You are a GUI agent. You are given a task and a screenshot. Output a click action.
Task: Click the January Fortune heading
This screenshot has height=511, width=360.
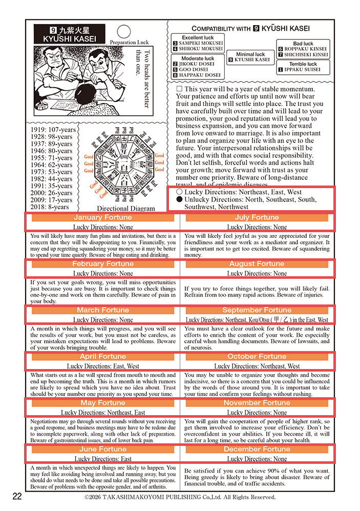[x=103, y=217]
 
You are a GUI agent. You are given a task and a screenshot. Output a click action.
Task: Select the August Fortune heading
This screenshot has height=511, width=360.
[x=257, y=263]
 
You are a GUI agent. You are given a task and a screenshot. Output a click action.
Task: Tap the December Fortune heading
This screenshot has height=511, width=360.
[x=257, y=449]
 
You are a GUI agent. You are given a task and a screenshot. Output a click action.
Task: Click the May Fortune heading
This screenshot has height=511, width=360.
[x=103, y=403]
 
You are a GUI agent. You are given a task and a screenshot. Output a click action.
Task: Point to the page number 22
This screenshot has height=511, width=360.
[x=17, y=496]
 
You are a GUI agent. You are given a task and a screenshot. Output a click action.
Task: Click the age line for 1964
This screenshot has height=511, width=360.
[x=52, y=165]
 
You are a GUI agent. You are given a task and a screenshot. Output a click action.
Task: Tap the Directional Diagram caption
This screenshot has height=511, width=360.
[x=125, y=209]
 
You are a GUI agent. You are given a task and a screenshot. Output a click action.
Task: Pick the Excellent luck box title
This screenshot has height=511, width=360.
[x=198, y=37]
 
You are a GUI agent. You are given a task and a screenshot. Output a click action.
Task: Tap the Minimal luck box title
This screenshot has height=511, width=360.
[x=250, y=54]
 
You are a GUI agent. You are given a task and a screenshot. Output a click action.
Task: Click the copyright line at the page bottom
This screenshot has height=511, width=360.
[x=180, y=497]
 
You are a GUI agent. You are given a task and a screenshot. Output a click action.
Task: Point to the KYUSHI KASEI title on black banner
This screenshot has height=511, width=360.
[x=69, y=39]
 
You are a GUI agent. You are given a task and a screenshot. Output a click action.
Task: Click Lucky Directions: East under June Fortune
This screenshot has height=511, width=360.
[x=103, y=459]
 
